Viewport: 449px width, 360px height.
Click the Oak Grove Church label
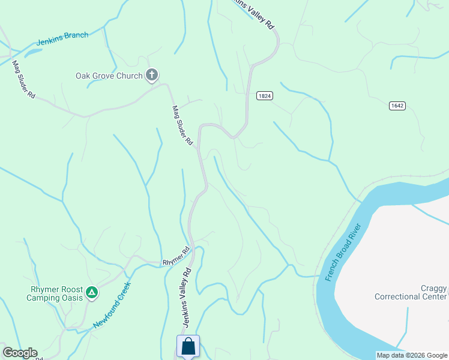109,76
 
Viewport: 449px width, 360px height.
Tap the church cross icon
152,75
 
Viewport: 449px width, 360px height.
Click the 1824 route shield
265,95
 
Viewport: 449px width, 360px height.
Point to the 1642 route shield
397,106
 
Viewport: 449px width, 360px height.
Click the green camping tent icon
91,292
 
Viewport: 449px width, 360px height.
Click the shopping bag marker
188,346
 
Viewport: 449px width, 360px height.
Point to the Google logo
19,353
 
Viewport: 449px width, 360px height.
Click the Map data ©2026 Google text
412,355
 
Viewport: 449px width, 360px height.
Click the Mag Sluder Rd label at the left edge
23,80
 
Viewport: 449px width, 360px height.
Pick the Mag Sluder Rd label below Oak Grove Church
182,126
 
